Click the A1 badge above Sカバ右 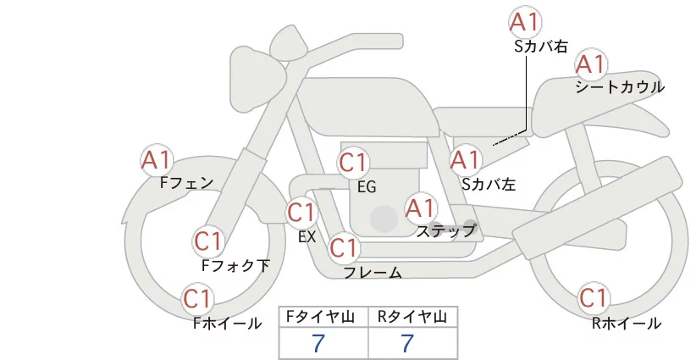(x=526, y=22)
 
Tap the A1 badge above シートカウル (x=592, y=64)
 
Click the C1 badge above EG (x=353, y=163)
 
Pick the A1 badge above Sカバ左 (x=465, y=159)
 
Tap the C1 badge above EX (x=302, y=213)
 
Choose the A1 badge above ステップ (x=421, y=208)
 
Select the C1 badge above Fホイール (x=198, y=299)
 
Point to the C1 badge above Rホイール (x=594, y=299)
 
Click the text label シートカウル (x=620, y=87)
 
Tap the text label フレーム (x=373, y=273)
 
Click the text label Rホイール (x=627, y=324)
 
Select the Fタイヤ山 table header (x=323, y=317)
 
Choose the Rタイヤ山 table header (x=412, y=317)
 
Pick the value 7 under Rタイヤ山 (x=408, y=343)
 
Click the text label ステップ (x=446, y=230)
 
